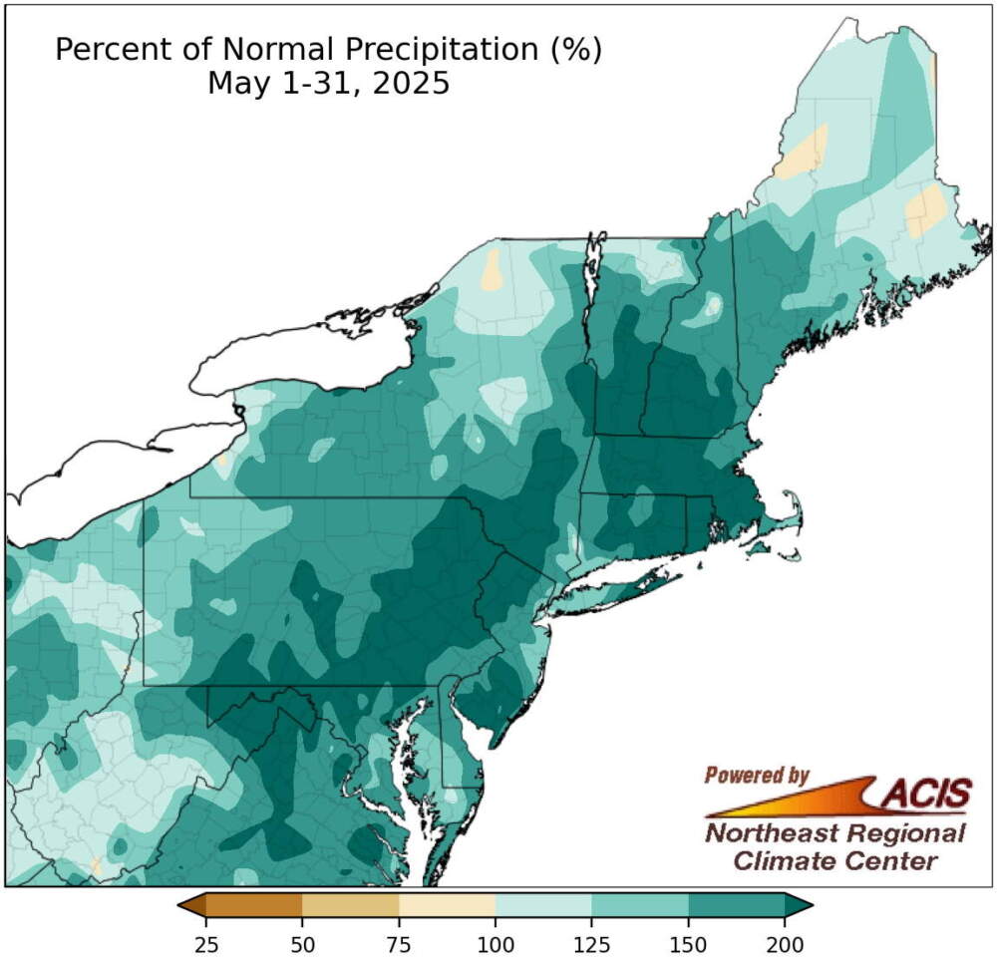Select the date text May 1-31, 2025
coord(328,84)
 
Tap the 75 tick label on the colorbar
coord(399,942)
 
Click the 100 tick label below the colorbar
coord(496,942)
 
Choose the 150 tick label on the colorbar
coord(689,942)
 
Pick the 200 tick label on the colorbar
coord(785,942)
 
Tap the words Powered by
coord(757,775)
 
